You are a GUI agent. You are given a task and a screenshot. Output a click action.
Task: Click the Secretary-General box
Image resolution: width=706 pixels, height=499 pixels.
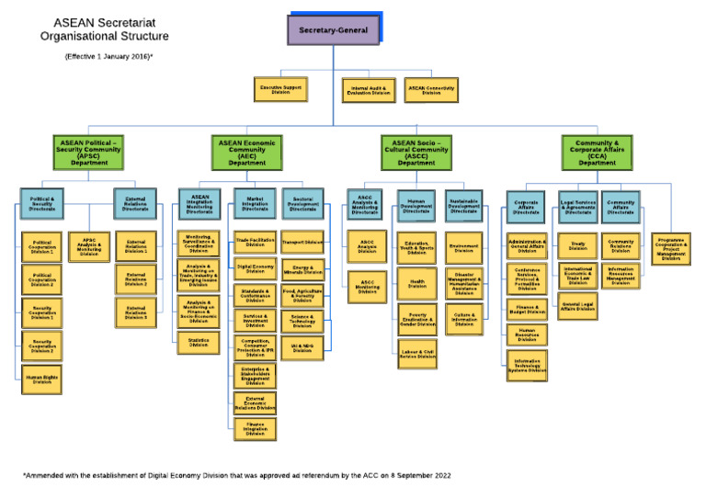coord(333,30)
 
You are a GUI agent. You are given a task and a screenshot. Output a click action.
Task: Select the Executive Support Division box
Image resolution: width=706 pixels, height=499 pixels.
coord(281,89)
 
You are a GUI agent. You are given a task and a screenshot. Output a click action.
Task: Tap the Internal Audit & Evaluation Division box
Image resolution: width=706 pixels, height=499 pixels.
coord(370,89)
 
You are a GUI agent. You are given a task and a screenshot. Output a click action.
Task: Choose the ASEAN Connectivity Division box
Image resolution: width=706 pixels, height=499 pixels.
coord(430,89)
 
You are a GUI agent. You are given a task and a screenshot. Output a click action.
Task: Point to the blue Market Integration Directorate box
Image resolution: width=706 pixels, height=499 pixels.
coord(254,204)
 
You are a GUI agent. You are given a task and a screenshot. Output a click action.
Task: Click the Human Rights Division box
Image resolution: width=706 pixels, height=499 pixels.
coord(42,379)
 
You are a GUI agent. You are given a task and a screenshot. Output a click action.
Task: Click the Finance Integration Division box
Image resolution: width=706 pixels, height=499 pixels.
coord(254,428)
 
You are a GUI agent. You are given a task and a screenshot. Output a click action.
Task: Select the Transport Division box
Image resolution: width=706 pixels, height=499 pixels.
coord(302,244)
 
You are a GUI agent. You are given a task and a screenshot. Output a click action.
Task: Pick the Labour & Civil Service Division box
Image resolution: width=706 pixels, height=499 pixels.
coord(416,353)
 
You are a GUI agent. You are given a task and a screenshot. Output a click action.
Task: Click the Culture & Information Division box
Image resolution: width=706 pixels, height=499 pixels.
coord(464,319)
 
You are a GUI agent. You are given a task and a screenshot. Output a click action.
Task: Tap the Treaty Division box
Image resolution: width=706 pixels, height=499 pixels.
coord(578,245)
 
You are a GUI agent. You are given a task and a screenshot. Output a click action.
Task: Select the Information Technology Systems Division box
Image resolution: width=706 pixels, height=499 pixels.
coord(527,365)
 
